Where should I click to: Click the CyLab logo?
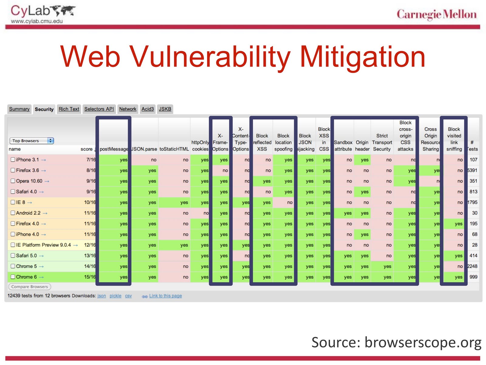coord(43,14)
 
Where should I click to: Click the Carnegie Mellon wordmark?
coord(436,14)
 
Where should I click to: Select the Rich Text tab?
coord(69,109)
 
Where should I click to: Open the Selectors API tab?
coord(99,109)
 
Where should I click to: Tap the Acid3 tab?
coord(148,109)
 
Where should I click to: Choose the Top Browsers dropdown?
coord(32,141)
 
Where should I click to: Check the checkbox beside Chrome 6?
coord(13,277)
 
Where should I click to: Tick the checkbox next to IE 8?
coord(13,202)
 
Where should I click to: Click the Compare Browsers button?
coord(29,287)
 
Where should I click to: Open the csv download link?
coord(128,296)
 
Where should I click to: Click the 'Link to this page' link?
coord(165,296)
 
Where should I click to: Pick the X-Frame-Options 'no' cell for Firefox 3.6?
coord(225,170)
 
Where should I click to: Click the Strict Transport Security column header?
coord(382,142)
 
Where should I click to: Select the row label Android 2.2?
coord(28,213)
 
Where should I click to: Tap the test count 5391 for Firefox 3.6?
coord(473,170)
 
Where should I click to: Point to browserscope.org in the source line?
coord(423,342)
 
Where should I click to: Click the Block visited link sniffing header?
coord(454,139)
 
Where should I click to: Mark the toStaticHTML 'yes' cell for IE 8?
coord(184,202)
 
